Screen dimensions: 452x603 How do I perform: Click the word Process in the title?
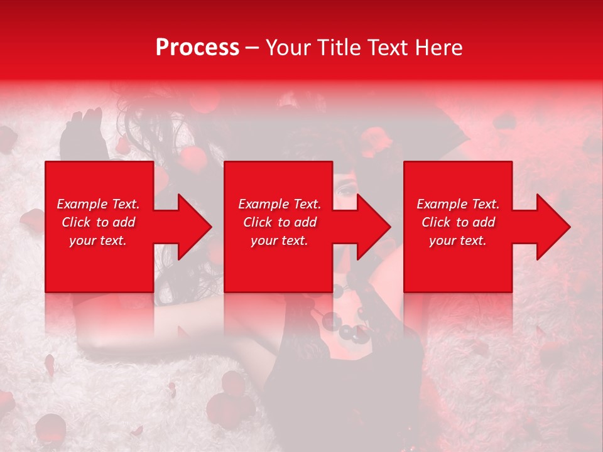pos(197,48)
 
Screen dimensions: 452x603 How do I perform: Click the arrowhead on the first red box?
pos(188,227)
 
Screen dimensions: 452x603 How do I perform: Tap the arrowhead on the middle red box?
pos(368,227)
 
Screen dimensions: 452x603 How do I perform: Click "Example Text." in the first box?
pos(98,204)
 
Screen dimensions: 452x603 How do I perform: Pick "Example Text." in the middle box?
pos(280,204)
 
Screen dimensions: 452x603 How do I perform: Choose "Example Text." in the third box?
pos(458,204)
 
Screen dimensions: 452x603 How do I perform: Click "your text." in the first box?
pos(98,240)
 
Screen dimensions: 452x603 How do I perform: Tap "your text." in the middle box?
pos(280,240)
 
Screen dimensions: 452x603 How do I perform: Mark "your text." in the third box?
pos(458,240)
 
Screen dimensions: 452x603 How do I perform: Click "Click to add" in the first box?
pos(98,222)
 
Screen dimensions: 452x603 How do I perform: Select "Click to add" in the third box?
pos(458,222)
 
